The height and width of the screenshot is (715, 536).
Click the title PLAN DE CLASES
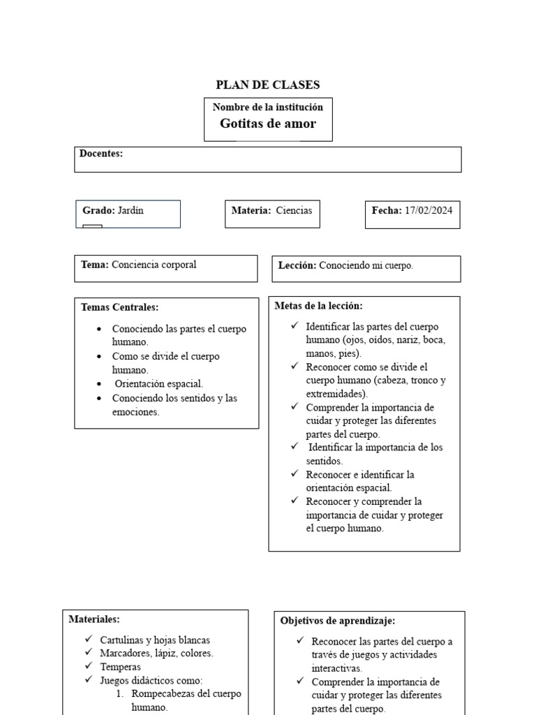[x=268, y=85]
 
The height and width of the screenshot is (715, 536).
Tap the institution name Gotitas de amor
[x=268, y=124]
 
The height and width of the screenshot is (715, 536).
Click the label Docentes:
[x=101, y=154]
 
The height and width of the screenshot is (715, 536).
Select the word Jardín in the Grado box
[x=131, y=210]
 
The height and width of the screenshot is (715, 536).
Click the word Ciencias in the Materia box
[x=294, y=210]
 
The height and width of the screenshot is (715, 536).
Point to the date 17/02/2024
[x=429, y=210]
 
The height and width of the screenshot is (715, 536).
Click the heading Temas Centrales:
[x=119, y=307]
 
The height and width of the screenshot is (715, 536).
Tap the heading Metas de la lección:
[x=318, y=306]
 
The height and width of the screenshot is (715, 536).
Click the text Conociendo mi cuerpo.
[x=366, y=265]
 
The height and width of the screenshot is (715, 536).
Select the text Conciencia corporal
[x=154, y=265]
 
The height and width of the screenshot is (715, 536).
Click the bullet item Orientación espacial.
[x=159, y=384]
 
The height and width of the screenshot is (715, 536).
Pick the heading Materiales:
[x=94, y=619]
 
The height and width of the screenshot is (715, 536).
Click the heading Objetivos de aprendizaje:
[x=338, y=620]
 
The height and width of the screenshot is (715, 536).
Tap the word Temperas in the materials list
[x=120, y=667]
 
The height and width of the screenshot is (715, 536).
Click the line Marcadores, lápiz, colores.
[x=156, y=654]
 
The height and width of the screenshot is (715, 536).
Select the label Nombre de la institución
[x=268, y=107]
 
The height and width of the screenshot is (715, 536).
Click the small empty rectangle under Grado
[x=92, y=226]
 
